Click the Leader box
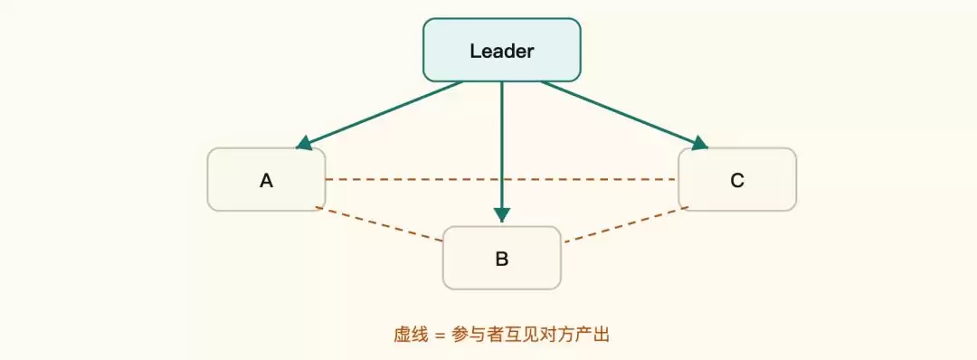point(501,50)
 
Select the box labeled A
point(266,179)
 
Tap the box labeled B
point(501,258)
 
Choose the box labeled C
point(737,179)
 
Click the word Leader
point(501,51)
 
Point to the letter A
point(266,181)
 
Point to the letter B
point(501,259)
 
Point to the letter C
point(737,181)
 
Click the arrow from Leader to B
point(501,152)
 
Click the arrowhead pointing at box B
point(501,215)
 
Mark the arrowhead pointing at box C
point(700,144)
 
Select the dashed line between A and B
point(379,223)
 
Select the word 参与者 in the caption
point(479,335)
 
